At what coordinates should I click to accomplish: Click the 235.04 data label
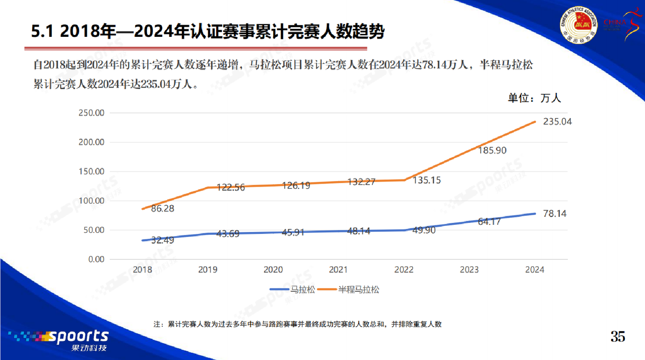coord(557,122)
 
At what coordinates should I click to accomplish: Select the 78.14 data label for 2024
coord(555,214)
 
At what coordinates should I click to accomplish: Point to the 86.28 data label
coord(162,208)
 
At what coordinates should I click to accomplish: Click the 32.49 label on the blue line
coord(162,240)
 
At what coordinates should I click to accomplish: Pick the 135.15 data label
coord(426,180)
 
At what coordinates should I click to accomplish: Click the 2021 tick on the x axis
coord(338,270)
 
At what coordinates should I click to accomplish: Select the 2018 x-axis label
coord(143,270)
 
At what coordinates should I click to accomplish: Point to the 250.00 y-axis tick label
coord(91,113)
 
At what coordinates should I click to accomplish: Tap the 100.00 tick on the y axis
coord(91,201)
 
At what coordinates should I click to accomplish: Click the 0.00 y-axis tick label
coord(94,259)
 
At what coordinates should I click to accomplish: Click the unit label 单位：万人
coord(534,98)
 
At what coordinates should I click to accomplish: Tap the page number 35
coord(618,337)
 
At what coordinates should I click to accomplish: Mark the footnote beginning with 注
coord(297,324)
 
